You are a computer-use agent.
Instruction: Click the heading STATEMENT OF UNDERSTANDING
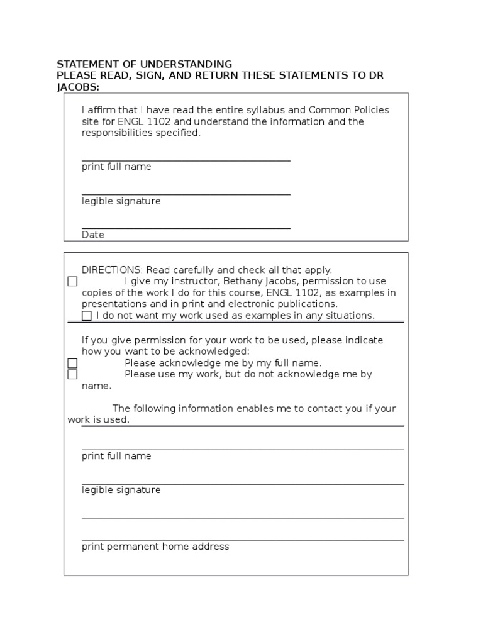click(144, 64)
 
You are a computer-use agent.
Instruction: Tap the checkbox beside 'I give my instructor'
click(72, 281)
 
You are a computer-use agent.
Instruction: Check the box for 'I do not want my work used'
click(87, 316)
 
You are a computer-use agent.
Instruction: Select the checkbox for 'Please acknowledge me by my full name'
click(72, 363)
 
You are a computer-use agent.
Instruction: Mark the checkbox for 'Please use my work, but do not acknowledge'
click(72, 374)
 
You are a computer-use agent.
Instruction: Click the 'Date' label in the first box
click(93, 235)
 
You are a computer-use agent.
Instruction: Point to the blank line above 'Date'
click(186, 228)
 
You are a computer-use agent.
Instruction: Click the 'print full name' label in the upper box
click(116, 167)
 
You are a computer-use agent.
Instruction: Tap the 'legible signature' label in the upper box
click(121, 201)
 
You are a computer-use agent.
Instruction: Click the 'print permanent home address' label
click(155, 547)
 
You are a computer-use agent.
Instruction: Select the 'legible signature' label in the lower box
click(121, 490)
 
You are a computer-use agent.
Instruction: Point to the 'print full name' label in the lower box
click(116, 456)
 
